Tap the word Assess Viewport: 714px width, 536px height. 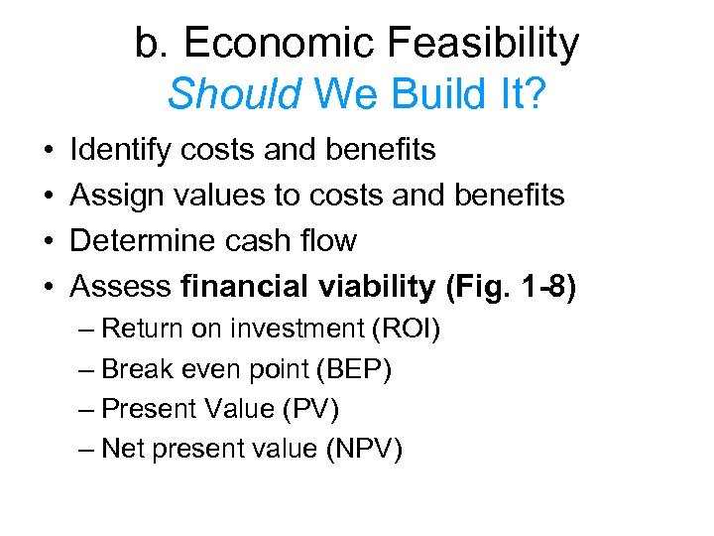click(x=121, y=287)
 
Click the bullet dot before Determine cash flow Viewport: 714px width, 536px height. click(x=49, y=241)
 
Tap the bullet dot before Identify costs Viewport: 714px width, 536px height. click(x=49, y=150)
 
